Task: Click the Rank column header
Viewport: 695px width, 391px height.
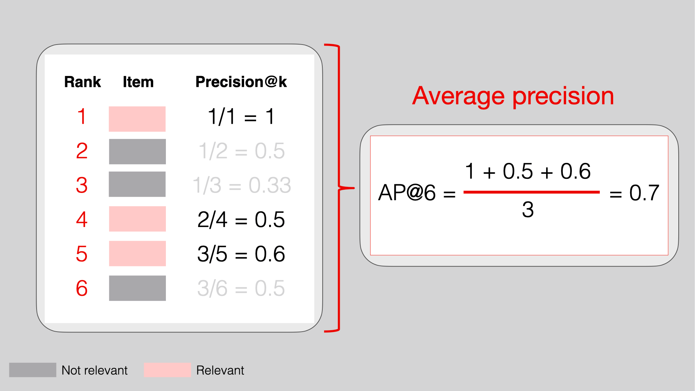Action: coord(83,82)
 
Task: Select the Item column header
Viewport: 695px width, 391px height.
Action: coord(138,82)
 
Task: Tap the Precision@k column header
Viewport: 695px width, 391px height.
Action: coord(241,82)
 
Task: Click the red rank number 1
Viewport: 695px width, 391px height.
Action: coord(82,117)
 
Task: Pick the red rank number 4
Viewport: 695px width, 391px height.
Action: coord(82,219)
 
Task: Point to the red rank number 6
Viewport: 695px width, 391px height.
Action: coord(82,288)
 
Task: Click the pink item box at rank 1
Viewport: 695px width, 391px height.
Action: coord(137,119)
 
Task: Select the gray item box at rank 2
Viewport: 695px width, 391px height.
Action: coord(137,152)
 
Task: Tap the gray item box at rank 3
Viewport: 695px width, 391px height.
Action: coord(137,184)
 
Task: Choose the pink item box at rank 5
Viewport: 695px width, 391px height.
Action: coord(137,253)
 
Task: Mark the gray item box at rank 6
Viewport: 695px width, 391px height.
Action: coord(137,288)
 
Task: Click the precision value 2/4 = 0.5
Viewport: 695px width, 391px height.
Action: coord(241,219)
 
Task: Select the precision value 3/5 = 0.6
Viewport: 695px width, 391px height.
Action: coord(241,254)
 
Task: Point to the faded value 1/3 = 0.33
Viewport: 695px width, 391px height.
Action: coord(242,185)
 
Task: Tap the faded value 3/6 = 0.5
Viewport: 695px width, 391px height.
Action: coord(241,288)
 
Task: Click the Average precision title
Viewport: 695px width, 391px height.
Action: coord(513,96)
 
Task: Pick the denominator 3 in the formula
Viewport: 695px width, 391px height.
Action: coord(528,209)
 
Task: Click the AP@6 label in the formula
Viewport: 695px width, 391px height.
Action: coord(407,192)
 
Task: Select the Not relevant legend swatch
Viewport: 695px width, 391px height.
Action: coord(33,370)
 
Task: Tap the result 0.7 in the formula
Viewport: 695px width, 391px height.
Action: coord(644,193)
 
